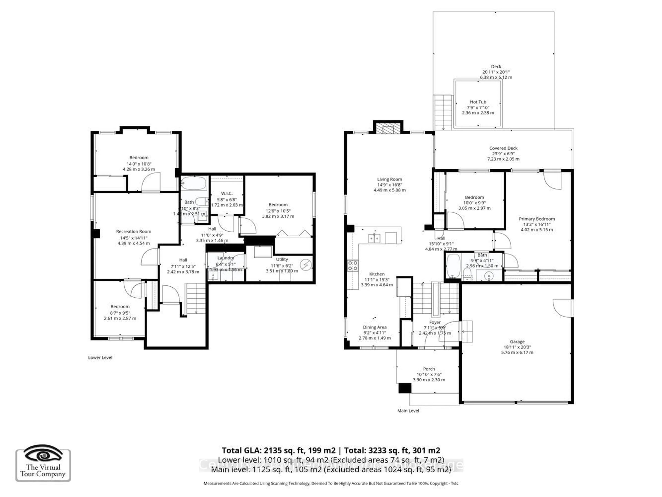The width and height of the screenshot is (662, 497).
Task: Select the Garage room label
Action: [517, 342]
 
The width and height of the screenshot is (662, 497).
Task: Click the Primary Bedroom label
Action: [537, 219]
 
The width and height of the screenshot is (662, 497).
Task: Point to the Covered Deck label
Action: [503, 148]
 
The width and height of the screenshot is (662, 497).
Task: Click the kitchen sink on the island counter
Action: [374, 238]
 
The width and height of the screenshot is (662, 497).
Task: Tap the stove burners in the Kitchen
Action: [353, 265]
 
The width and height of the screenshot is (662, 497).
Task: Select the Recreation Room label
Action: [133, 232]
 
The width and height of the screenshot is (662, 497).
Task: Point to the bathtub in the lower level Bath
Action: [194, 183]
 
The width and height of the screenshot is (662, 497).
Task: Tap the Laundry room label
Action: [225, 258]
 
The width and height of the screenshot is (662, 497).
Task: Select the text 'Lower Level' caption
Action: [100, 357]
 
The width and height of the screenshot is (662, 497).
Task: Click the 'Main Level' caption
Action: [408, 411]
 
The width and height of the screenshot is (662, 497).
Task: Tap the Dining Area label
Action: [375, 327]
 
